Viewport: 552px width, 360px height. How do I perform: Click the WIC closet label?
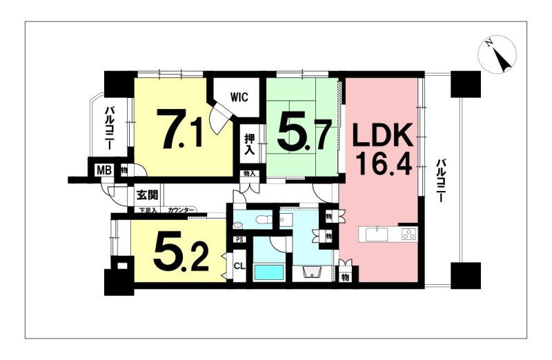[x=239, y=97]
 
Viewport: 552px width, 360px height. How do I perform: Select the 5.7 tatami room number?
[x=304, y=132]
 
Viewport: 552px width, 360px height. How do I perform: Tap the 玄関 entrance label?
[x=147, y=194]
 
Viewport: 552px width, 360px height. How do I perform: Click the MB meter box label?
[x=104, y=170]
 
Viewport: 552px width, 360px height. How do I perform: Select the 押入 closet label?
[x=249, y=145]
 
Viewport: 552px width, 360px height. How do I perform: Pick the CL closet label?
[x=239, y=266]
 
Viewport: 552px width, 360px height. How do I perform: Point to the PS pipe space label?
[x=239, y=240]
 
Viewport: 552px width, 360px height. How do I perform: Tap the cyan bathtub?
[x=269, y=272]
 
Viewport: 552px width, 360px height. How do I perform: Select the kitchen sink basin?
[x=377, y=234]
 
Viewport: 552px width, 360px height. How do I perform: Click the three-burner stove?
[x=409, y=234]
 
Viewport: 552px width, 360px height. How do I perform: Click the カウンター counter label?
[x=181, y=210]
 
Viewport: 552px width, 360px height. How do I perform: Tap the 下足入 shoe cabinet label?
[x=148, y=210]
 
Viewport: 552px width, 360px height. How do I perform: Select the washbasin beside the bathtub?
[x=313, y=272]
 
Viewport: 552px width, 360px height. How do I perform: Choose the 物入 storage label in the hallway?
[x=250, y=174]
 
